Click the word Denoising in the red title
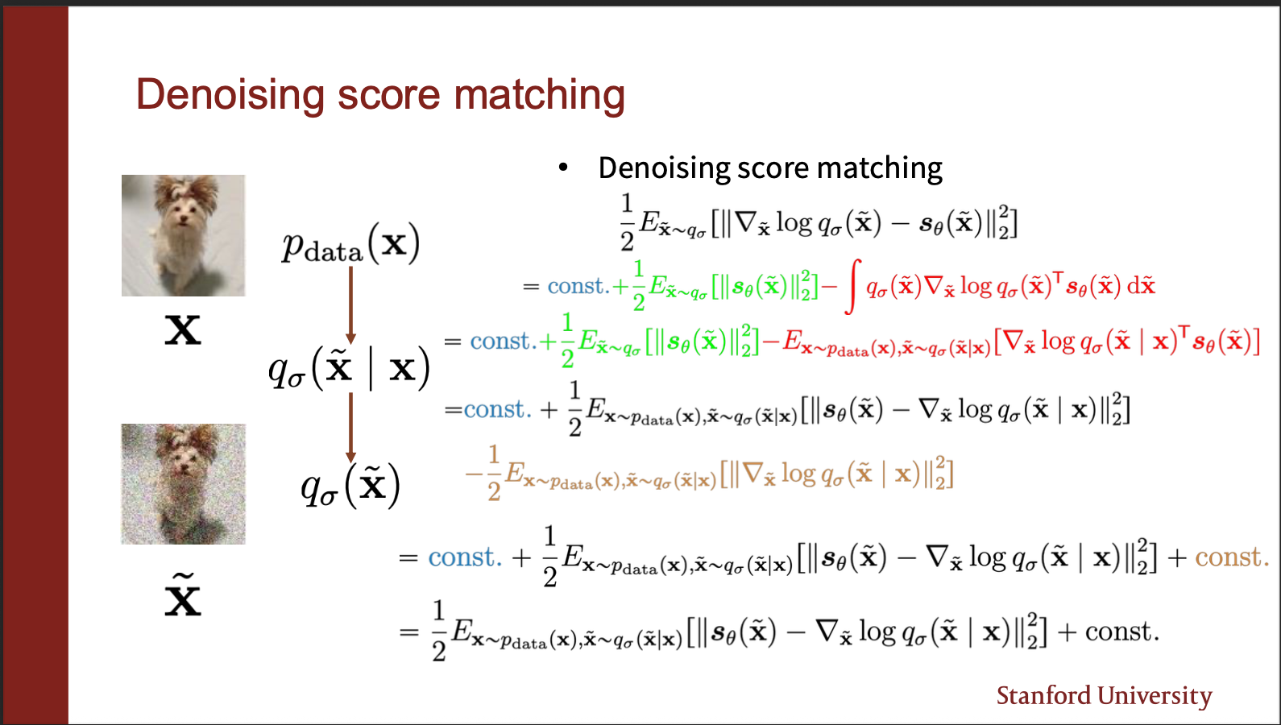click(x=230, y=96)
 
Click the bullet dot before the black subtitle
click(x=563, y=168)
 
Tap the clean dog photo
click(x=183, y=235)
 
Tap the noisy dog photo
click(x=183, y=483)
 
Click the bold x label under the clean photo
click(x=183, y=330)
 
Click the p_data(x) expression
click(x=350, y=244)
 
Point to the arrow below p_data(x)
click(x=351, y=305)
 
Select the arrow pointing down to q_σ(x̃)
click(x=351, y=428)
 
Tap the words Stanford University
click(x=1104, y=696)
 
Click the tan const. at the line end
click(x=1232, y=557)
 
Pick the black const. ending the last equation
click(x=1122, y=632)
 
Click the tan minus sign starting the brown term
click(x=475, y=474)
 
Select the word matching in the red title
click(x=539, y=96)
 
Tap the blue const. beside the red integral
click(x=578, y=286)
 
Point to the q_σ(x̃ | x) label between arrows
click(x=349, y=368)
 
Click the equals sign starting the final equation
click(x=408, y=632)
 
